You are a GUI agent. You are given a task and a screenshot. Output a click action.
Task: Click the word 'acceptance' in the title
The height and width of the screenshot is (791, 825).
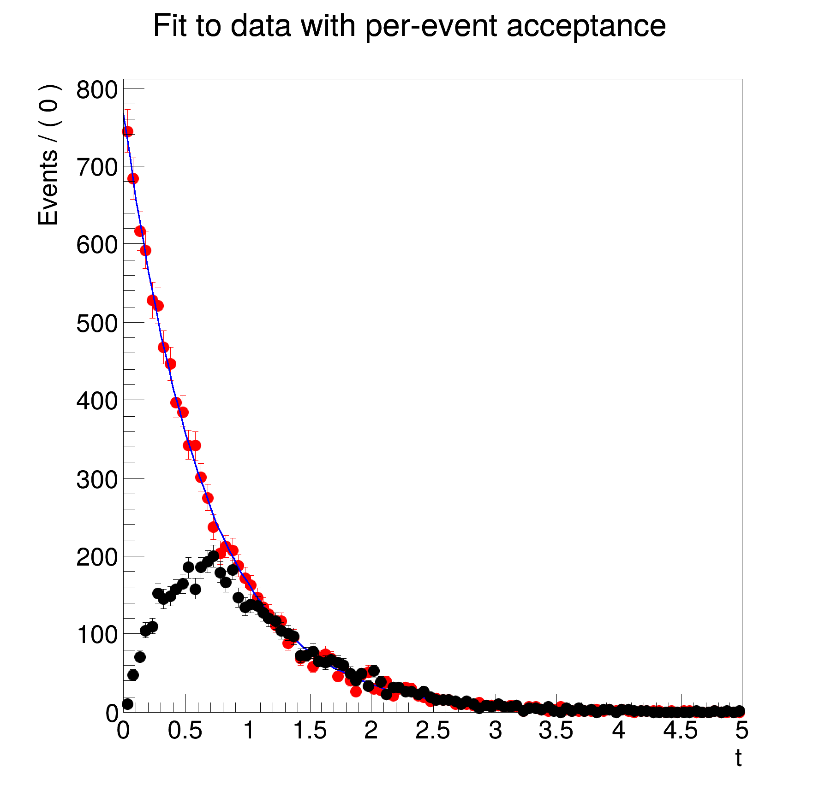click(x=586, y=26)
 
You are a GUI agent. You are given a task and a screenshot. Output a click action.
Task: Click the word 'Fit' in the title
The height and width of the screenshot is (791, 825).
click(x=171, y=26)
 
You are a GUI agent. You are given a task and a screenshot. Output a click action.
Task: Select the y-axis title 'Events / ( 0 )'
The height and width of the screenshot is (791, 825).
click(x=49, y=155)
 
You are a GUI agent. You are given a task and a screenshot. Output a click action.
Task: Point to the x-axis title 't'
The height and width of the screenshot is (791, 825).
click(x=738, y=758)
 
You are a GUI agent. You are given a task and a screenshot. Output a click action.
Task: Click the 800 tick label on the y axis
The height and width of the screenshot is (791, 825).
click(x=97, y=90)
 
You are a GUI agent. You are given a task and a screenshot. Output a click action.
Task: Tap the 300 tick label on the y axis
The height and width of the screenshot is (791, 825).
click(x=97, y=479)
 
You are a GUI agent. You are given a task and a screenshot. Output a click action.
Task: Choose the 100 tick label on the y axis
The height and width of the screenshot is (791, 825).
click(x=97, y=635)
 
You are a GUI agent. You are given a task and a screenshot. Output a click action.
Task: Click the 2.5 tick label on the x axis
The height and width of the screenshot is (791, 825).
click(x=432, y=731)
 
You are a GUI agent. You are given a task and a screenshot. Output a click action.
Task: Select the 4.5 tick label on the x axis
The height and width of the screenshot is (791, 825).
click(x=680, y=731)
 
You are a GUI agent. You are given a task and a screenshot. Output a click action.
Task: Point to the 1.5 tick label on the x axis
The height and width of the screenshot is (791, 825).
click(x=310, y=731)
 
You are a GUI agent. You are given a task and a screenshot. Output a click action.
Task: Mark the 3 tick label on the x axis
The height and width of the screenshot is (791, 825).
click(x=495, y=731)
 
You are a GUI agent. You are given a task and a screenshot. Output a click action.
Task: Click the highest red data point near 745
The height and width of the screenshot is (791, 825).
click(x=127, y=131)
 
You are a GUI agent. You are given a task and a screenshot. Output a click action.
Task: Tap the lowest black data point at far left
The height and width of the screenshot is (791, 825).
click(x=128, y=704)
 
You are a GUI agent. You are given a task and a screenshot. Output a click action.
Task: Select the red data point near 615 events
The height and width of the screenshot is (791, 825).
click(x=140, y=231)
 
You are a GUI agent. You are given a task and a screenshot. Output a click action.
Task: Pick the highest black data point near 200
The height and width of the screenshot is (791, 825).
click(x=213, y=556)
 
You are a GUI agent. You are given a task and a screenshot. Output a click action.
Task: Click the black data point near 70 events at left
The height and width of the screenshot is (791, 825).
click(x=140, y=657)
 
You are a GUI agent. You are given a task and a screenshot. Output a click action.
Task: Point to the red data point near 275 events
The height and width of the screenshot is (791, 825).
click(x=208, y=498)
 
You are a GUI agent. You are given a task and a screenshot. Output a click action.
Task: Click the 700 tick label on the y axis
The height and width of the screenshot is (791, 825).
click(x=97, y=168)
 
